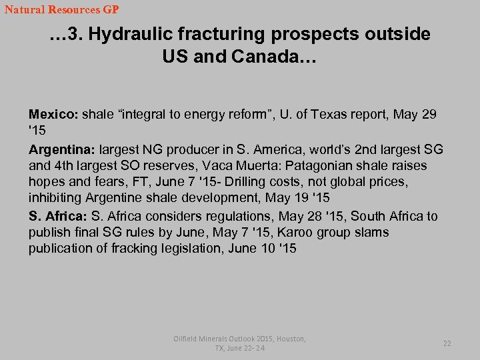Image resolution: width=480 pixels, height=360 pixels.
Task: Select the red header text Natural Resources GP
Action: click(x=61, y=10)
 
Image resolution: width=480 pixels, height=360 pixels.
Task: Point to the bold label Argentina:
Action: click(x=62, y=149)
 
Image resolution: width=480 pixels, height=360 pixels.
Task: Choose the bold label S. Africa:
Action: click(x=58, y=216)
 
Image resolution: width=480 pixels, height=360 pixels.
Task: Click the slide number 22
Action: click(x=447, y=343)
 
